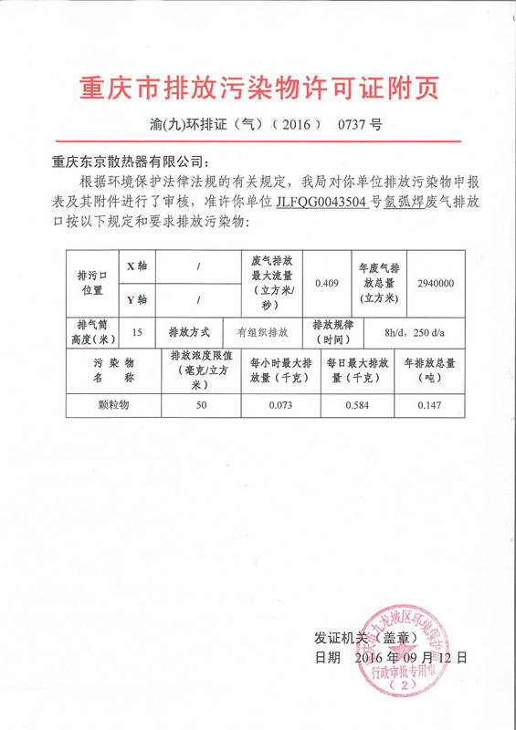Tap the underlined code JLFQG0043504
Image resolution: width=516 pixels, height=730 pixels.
pyautogui.click(x=323, y=202)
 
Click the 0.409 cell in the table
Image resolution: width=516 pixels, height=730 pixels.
pyautogui.click(x=327, y=283)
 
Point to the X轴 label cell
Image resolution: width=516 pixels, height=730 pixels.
pyautogui.click(x=135, y=266)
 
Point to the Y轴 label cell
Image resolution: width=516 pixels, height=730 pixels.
pyautogui.click(x=135, y=299)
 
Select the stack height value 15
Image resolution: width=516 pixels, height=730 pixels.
pyautogui.click(x=137, y=332)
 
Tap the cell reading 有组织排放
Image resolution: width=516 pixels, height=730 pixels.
pyautogui.click(x=262, y=332)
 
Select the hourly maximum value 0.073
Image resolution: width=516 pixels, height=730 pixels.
pyautogui.click(x=280, y=404)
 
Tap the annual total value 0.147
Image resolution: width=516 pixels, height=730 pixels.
pyautogui.click(x=436, y=404)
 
